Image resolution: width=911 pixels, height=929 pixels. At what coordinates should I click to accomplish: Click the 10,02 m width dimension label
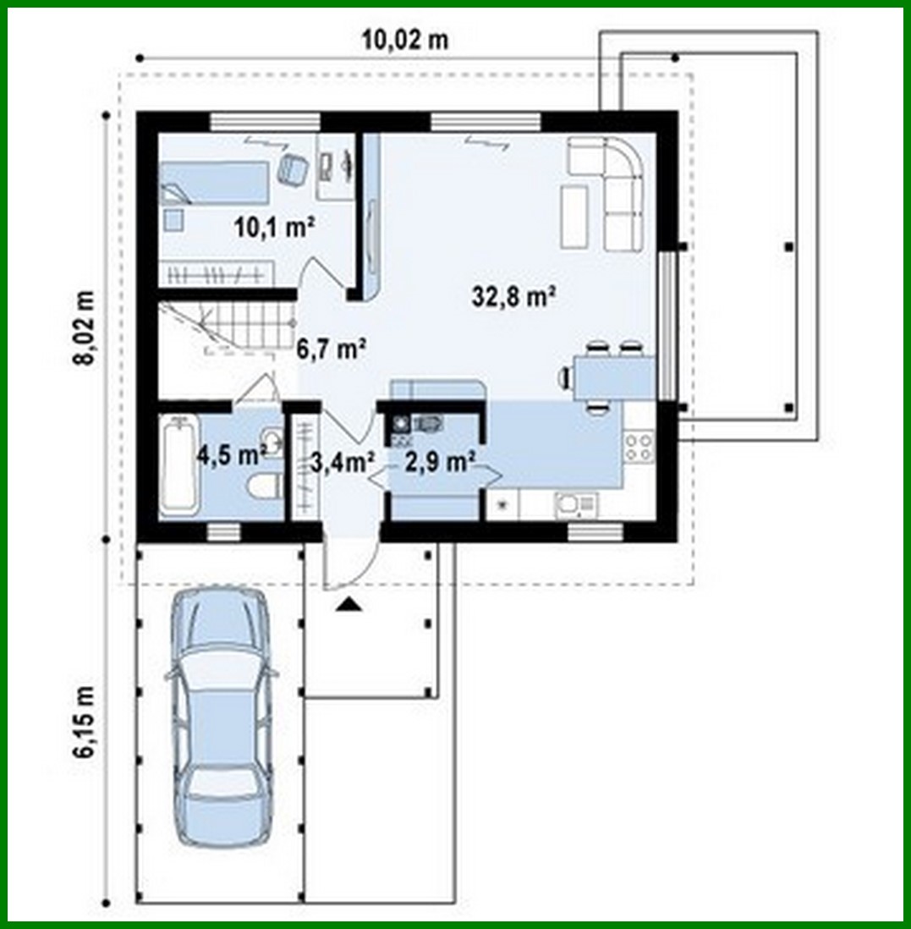405,40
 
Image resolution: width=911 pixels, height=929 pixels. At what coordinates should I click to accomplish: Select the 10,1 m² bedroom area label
274,226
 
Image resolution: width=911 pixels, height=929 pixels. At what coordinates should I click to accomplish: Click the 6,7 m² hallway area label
330,349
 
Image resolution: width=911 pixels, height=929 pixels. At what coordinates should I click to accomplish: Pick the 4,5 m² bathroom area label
232,455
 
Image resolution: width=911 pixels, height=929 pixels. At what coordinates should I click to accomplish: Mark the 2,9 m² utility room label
440,461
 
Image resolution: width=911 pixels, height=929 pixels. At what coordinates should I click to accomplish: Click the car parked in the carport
222,717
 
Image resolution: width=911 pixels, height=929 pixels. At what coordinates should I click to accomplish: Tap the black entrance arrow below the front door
348,604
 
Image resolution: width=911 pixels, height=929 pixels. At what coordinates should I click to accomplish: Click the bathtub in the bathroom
179,463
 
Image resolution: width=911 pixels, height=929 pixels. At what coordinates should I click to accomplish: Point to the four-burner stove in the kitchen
639,448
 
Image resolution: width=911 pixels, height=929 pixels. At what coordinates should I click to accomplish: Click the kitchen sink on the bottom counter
575,506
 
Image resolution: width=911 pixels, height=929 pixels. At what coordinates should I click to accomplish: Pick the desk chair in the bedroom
293,168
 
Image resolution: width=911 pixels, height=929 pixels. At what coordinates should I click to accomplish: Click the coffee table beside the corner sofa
574,216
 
